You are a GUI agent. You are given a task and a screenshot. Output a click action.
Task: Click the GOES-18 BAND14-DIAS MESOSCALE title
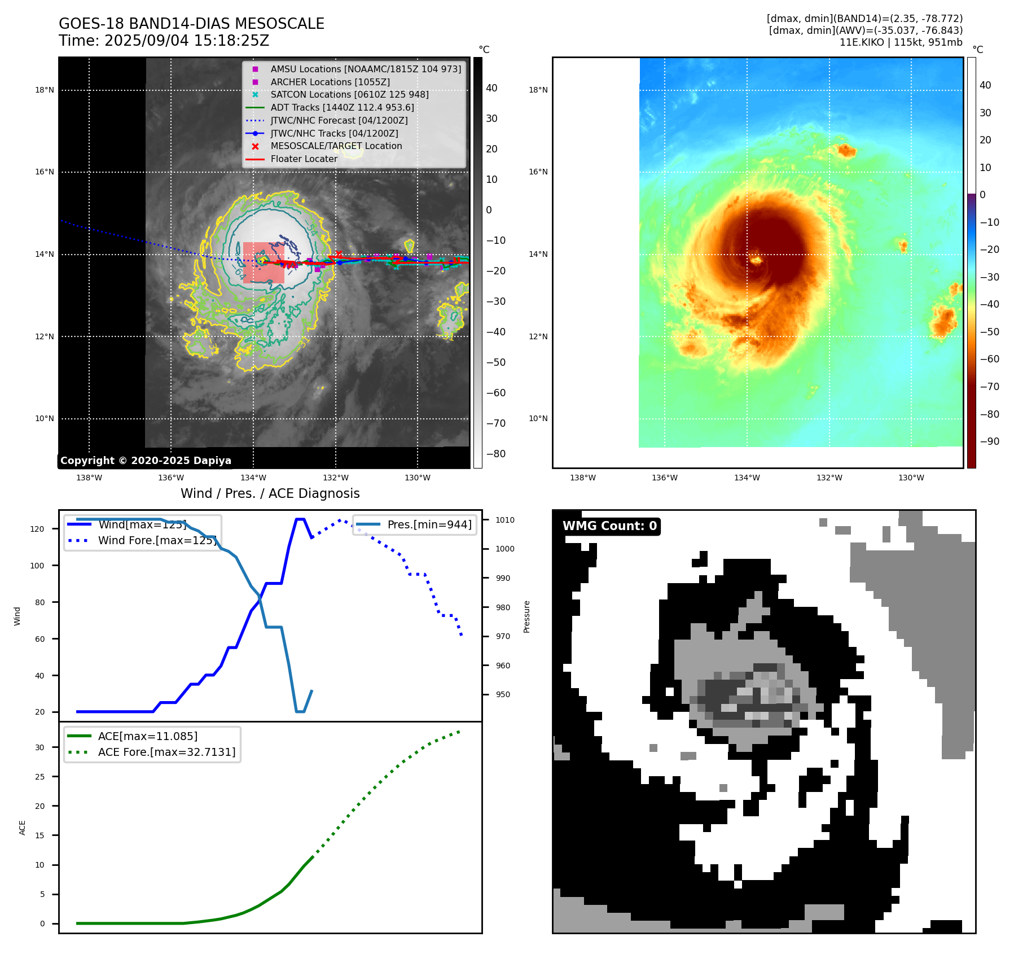(191, 24)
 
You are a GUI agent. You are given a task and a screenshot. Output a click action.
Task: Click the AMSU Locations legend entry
(365, 69)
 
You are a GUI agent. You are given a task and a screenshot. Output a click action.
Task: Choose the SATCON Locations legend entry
(349, 95)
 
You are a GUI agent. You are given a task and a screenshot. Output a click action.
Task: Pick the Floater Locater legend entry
(304, 159)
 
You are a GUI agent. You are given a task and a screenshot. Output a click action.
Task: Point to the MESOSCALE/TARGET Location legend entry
(336, 146)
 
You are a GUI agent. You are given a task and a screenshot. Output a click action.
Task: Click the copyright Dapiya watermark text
(146, 461)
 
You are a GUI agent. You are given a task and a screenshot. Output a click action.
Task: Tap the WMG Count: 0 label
(609, 526)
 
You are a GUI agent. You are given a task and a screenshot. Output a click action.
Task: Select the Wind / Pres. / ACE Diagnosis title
(270, 493)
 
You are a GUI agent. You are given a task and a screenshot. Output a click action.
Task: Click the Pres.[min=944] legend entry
(429, 524)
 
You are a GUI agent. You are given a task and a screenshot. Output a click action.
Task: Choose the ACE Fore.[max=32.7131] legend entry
(166, 752)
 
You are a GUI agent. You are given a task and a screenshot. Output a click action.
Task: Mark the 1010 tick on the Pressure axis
(505, 520)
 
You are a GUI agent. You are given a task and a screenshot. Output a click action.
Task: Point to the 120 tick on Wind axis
(37, 529)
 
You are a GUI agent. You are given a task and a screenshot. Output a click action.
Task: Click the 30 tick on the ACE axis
(39, 747)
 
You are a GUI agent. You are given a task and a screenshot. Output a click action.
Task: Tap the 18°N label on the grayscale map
(45, 90)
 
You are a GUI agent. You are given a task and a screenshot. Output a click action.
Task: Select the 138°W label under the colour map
(583, 478)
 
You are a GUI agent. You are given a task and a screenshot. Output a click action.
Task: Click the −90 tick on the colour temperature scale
(989, 441)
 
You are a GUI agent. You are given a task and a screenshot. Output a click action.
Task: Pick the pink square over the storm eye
(264, 262)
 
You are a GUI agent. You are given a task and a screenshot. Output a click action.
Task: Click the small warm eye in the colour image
(756, 260)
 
